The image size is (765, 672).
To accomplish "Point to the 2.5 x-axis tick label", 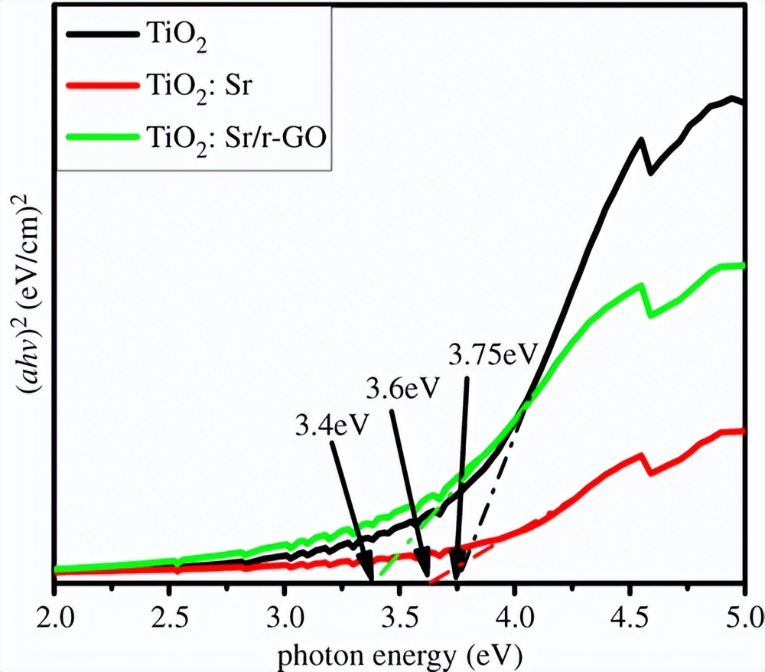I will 169,616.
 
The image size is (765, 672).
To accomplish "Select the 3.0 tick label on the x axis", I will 284,616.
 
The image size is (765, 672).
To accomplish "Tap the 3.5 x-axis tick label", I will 399,616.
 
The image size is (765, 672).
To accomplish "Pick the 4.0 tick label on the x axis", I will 514,616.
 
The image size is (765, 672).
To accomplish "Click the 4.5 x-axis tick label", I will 629,616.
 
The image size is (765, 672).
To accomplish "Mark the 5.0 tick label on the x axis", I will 743,616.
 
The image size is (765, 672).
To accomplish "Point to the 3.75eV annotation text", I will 494,354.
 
